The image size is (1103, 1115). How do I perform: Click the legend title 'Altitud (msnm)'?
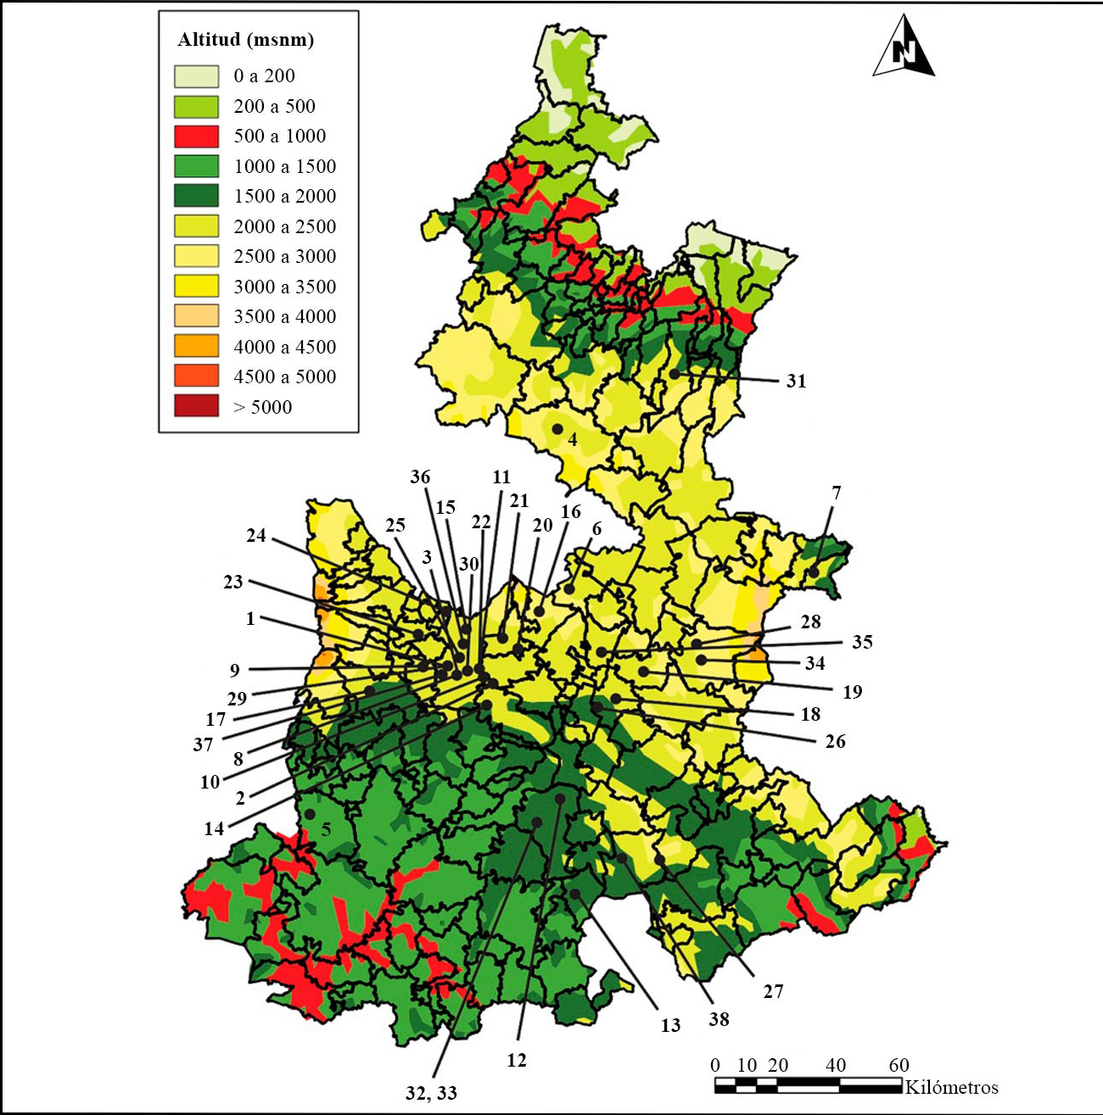coord(245,40)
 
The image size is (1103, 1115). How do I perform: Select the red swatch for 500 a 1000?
coord(196,136)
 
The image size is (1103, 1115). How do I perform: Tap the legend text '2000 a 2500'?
coord(284,226)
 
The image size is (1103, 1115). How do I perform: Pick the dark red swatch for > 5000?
coord(196,406)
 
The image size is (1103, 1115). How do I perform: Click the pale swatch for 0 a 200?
coord(196,75)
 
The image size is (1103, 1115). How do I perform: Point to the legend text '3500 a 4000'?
coord(284,316)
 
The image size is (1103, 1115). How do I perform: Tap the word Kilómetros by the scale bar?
coord(951,1087)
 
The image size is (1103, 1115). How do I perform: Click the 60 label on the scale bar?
coord(899,1065)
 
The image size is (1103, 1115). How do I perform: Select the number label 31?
coord(796,382)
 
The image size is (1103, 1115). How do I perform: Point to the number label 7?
coord(837,493)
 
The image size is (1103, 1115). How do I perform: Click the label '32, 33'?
coord(431,1094)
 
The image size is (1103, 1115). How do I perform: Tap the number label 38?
coord(719,1019)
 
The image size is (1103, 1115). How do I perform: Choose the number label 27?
coord(773,991)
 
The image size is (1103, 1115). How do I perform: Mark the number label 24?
coord(256,535)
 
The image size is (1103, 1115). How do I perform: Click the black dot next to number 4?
coord(557,429)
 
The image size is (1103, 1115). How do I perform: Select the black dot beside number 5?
coord(310,814)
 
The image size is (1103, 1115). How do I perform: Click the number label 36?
coord(420,477)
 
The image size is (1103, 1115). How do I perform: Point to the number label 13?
coord(670,1026)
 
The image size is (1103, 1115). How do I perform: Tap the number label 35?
coord(862,642)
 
